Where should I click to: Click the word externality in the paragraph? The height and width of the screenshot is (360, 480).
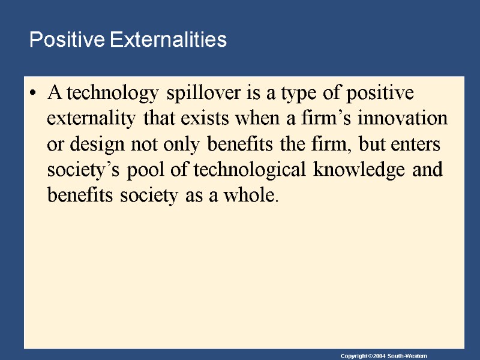tap(91, 119)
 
